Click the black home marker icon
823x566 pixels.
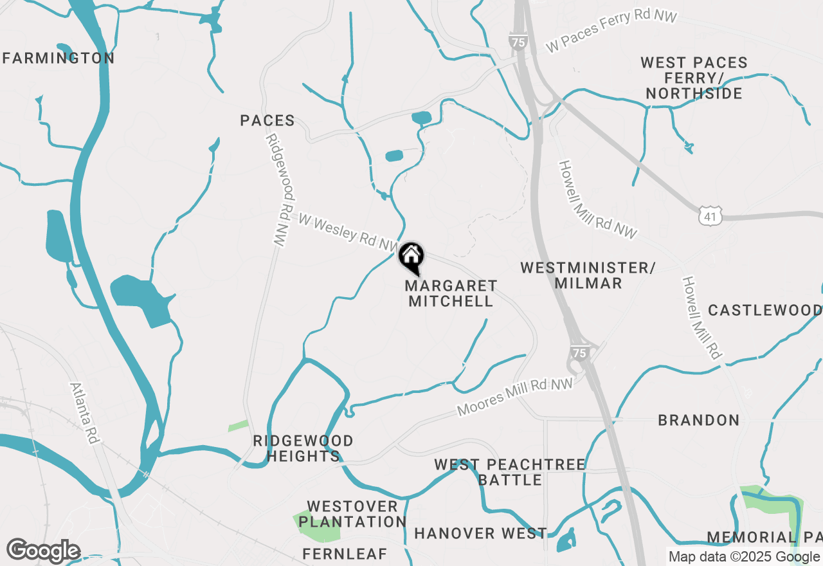pyautogui.click(x=411, y=257)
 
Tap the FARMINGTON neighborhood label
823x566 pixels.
pyautogui.click(x=59, y=58)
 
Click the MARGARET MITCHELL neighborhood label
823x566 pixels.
pyautogui.click(x=451, y=293)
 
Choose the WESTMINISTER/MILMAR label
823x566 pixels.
pyautogui.click(x=587, y=275)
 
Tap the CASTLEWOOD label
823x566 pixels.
pyautogui.click(x=764, y=310)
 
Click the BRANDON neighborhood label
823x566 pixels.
pyautogui.click(x=698, y=420)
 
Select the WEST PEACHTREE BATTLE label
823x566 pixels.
pyautogui.click(x=510, y=472)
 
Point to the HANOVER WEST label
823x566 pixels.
pyautogui.click(x=480, y=533)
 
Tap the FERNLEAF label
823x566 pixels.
pyautogui.click(x=345, y=554)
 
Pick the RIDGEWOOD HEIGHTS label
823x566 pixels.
pyautogui.click(x=303, y=448)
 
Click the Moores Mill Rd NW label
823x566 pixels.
pyautogui.click(x=514, y=397)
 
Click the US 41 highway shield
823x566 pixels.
pyautogui.click(x=710, y=216)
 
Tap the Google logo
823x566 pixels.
pyautogui.click(x=43, y=551)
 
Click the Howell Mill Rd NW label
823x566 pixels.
pyautogui.click(x=597, y=199)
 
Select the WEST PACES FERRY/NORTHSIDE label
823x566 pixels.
pyautogui.click(x=694, y=78)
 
